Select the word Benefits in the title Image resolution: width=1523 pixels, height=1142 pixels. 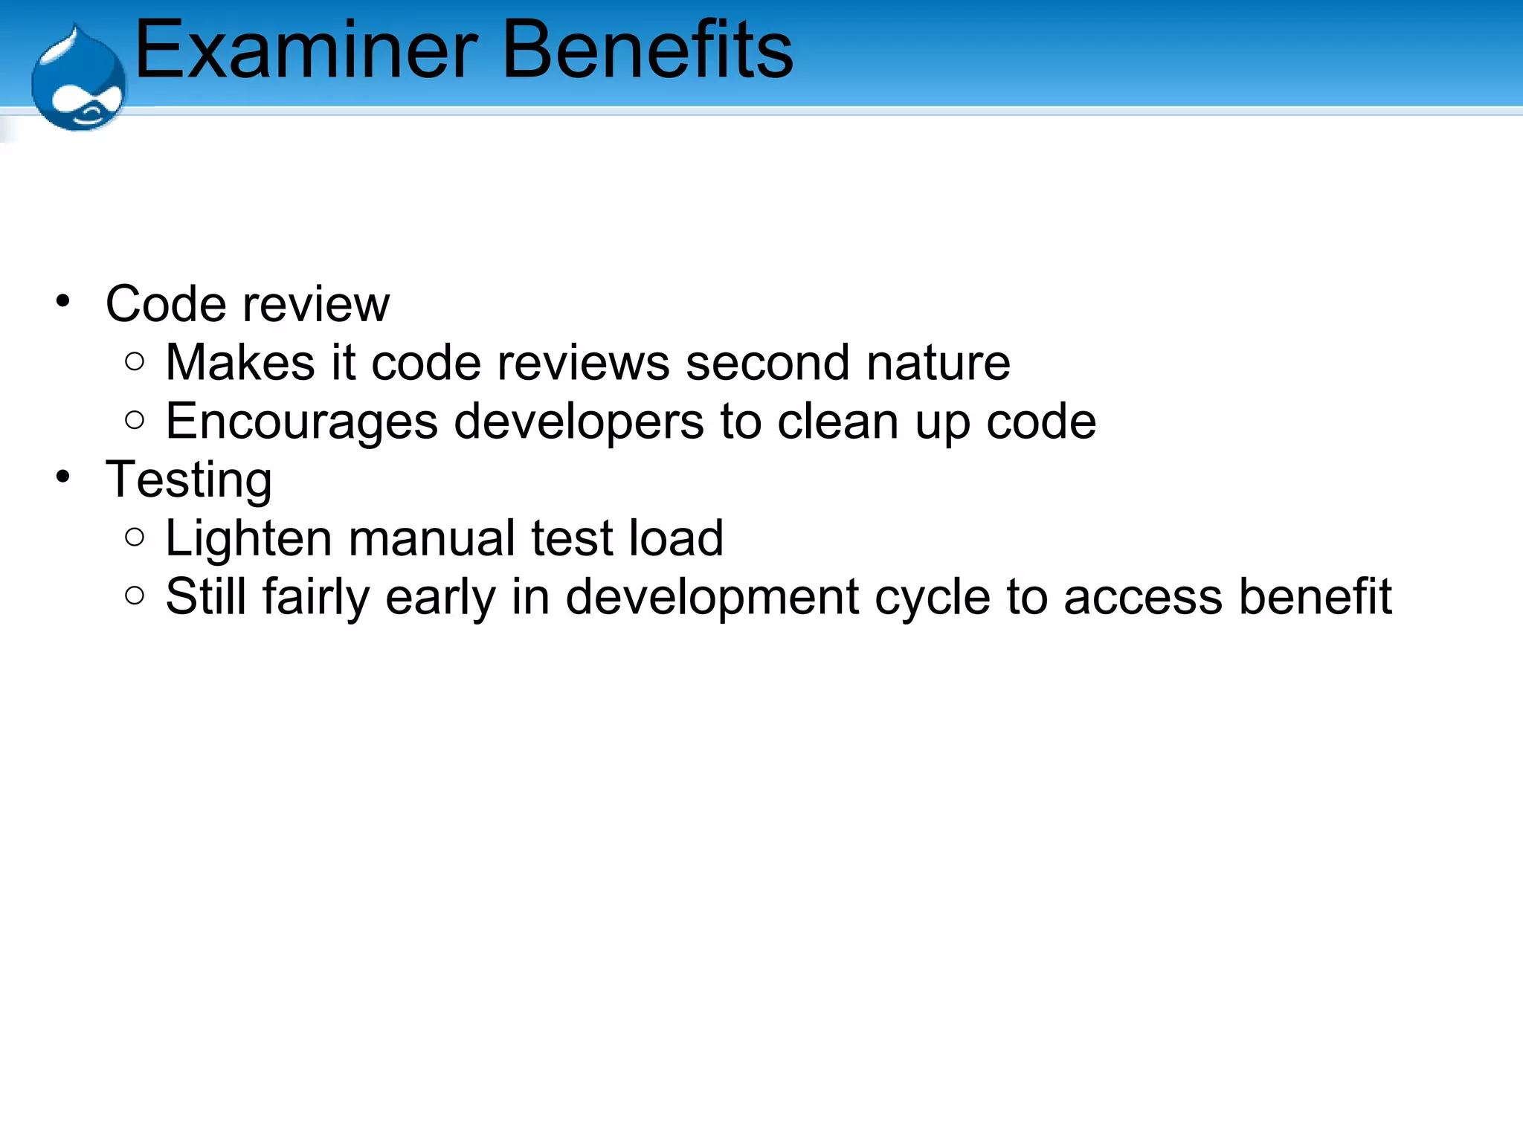pyautogui.click(x=648, y=51)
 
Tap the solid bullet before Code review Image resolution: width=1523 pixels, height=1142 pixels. pyautogui.click(x=63, y=301)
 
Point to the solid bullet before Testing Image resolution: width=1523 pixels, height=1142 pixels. pyautogui.click(x=63, y=477)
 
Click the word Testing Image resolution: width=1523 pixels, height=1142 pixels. pyautogui.click(x=189, y=480)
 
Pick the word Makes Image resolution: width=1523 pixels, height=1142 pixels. pyautogui.click(x=240, y=363)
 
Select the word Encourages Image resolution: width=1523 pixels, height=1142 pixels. pyautogui.click(x=301, y=422)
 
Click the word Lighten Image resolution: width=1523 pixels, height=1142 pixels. pyautogui.click(x=248, y=538)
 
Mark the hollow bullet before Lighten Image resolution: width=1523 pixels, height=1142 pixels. pyautogui.click(x=135, y=537)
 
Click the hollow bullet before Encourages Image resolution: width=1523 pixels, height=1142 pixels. pyautogui.click(x=135, y=420)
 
